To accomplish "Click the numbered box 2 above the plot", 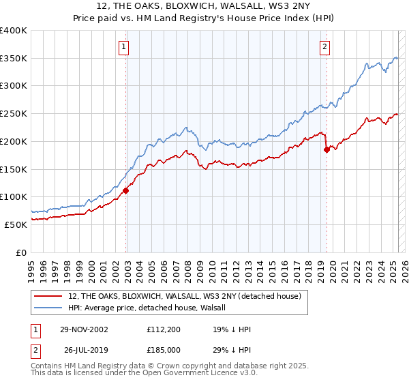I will pos(324,47).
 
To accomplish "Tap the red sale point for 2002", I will pos(126,191).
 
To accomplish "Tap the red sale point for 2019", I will pos(327,150).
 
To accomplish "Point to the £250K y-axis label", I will pos(14,113).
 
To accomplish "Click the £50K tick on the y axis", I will pos(16,224).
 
